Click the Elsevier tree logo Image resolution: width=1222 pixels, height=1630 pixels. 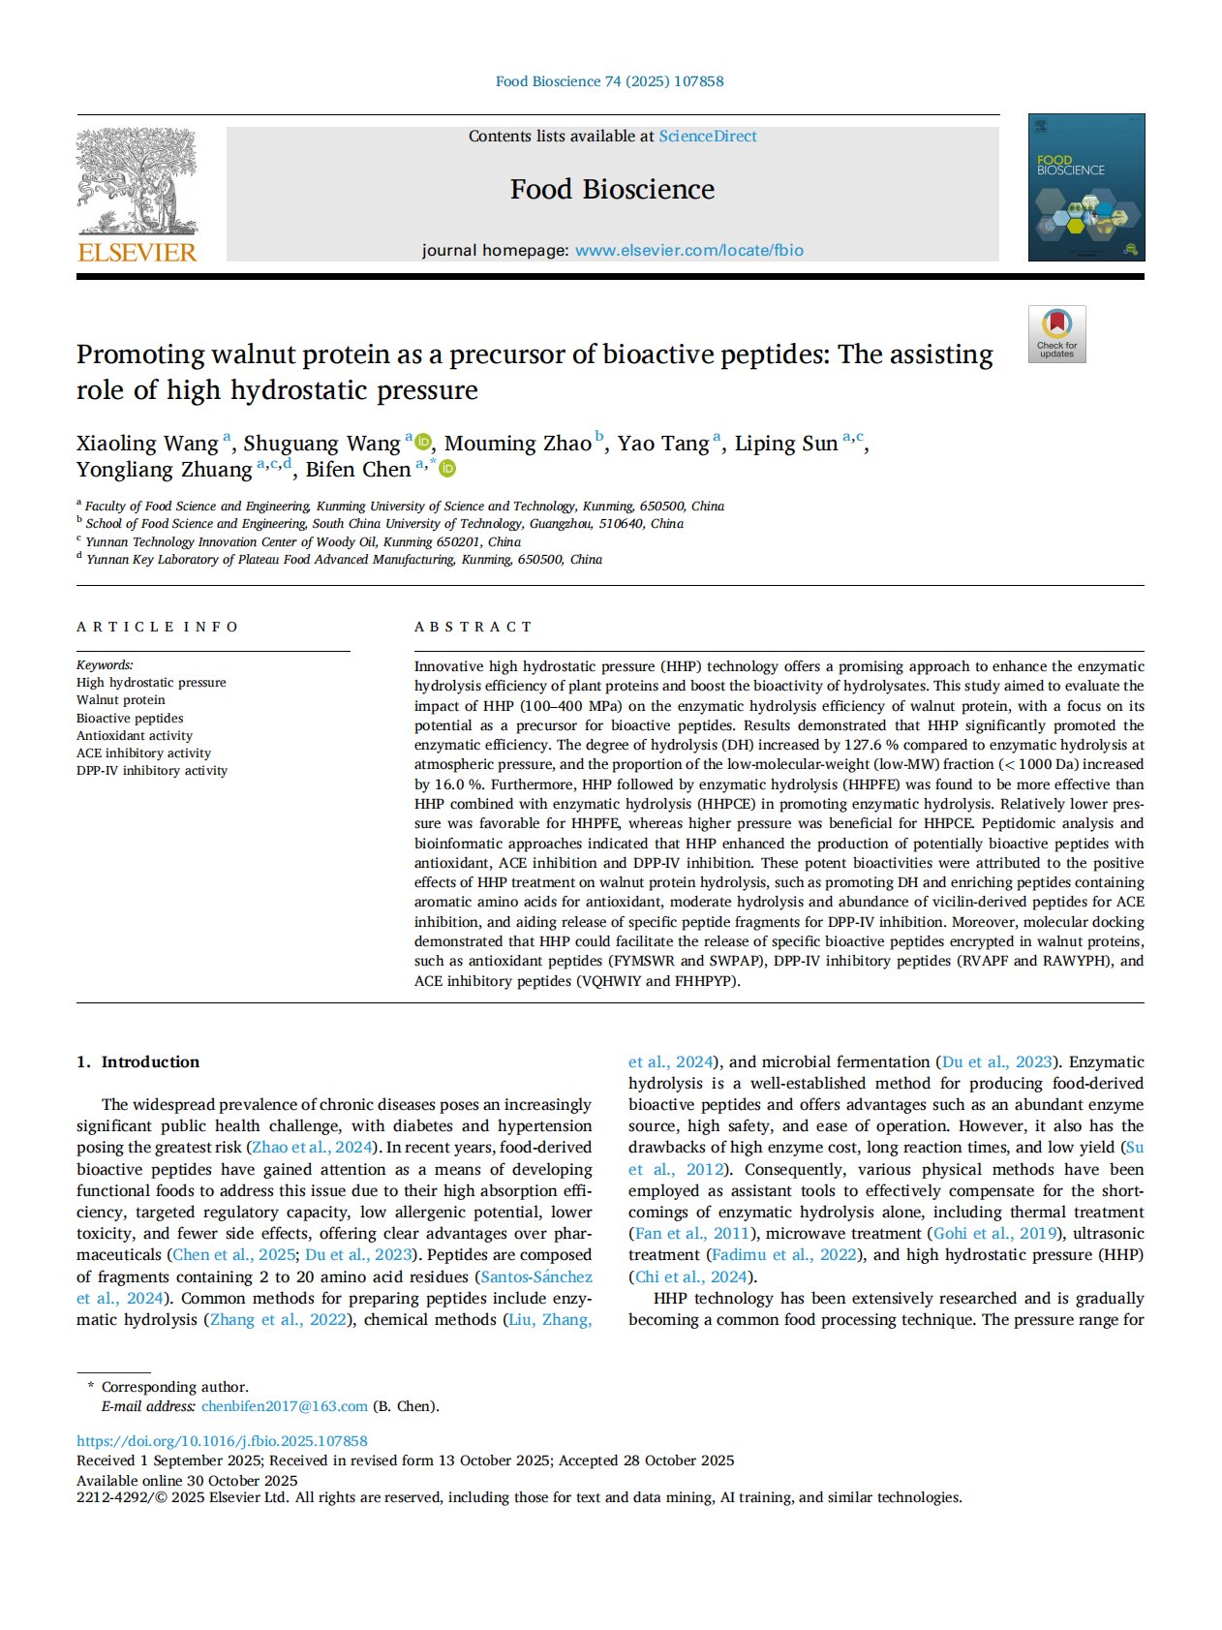[x=137, y=181]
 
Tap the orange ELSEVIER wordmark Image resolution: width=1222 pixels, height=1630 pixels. [x=137, y=253]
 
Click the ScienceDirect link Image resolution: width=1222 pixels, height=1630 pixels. [x=708, y=137]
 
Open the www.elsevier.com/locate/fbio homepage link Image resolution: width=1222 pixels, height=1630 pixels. [x=688, y=250]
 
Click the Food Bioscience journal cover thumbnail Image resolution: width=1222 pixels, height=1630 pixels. [x=1085, y=187]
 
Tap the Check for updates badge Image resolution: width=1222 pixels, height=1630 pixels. [x=1056, y=334]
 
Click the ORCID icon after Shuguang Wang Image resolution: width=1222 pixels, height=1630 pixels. [x=423, y=443]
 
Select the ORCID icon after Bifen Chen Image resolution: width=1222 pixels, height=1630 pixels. [x=447, y=469]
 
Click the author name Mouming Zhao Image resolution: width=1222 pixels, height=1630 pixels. [x=518, y=444]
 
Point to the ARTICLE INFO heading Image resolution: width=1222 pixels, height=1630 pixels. [x=157, y=627]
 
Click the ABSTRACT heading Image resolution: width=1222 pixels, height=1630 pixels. [x=474, y=627]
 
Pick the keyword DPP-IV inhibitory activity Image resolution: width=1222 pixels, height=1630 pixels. [x=152, y=771]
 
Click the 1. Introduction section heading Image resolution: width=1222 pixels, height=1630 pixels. [x=137, y=1061]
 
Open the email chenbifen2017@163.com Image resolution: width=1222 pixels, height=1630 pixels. [x=285, y=1406]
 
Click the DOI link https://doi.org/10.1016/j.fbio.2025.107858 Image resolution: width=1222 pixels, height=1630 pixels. [x=222, y=1441]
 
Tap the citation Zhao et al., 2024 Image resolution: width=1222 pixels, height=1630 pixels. [x=313, y=1148]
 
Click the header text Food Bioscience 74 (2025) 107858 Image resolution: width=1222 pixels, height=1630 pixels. [x=609, y=81]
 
